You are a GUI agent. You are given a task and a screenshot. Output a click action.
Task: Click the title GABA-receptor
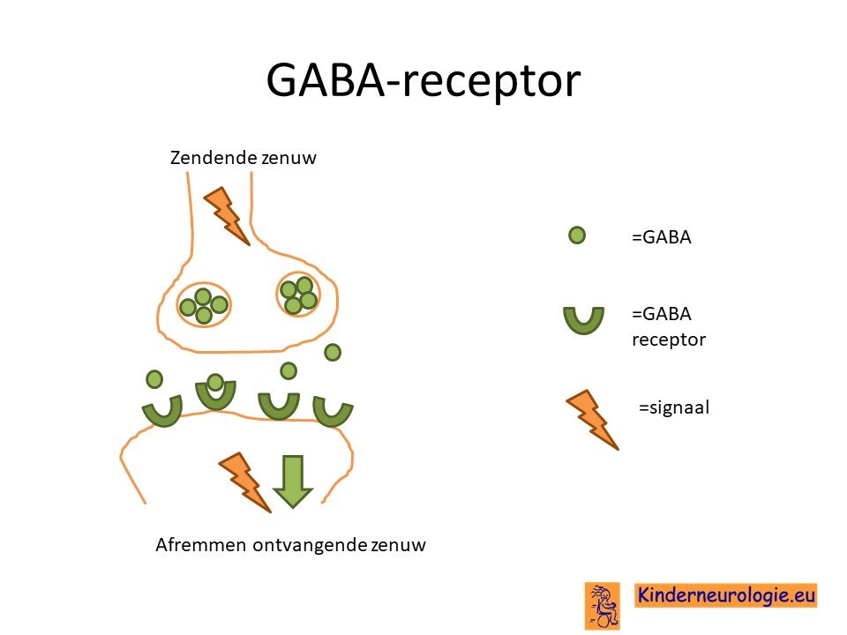[423, 80]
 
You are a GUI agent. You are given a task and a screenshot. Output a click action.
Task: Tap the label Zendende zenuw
[244, 158]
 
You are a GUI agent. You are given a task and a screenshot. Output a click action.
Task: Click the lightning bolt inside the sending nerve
[227, 215]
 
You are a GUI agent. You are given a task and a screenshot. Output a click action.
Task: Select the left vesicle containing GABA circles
[204, 305]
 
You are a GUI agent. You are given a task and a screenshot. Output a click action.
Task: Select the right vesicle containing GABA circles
[299, 295]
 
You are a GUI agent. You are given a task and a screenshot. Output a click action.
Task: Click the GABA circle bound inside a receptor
[215, 382]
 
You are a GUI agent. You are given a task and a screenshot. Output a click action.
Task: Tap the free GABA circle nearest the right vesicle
[333, 353]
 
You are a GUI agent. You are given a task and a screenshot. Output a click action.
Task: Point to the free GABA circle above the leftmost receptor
[154, 379]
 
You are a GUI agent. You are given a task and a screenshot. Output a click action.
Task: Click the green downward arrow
[293, 482]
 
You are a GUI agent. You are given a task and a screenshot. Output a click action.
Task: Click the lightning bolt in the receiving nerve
[244, 482]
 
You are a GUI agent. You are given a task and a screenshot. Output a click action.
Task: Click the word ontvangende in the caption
[310, 545]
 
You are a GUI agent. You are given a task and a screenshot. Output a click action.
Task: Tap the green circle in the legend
[577, 235]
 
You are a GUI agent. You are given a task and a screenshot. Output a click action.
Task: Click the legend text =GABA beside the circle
[662, 237]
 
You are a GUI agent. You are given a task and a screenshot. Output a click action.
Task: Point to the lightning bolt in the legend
[592, 420]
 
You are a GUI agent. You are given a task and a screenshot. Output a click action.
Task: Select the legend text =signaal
[674, 407]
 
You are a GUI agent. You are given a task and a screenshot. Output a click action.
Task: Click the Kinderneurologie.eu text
[726, 595]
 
